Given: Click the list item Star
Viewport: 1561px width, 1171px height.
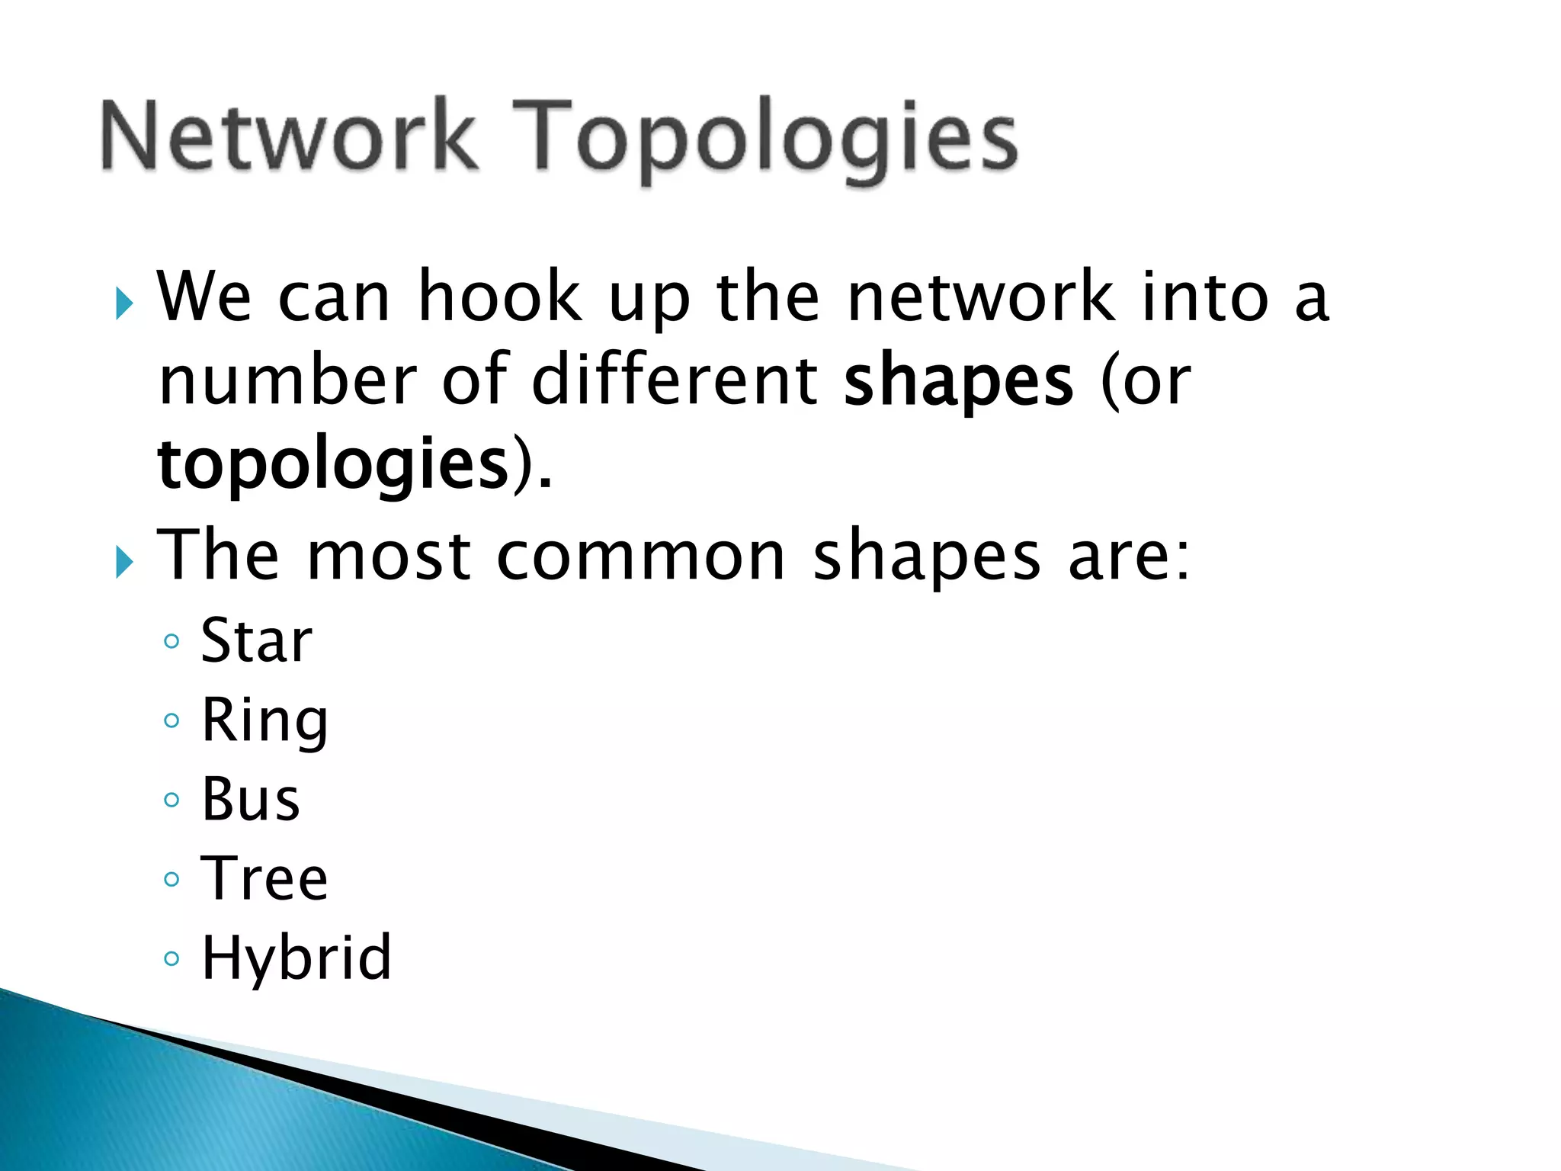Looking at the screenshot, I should (256, 640).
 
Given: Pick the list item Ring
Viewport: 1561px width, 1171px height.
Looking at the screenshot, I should (264, 720).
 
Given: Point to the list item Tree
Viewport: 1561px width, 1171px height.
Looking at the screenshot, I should (264, 878).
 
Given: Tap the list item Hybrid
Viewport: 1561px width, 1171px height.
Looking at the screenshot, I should (296, 958).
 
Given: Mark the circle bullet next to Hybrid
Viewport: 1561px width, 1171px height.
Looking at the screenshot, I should (172, 958).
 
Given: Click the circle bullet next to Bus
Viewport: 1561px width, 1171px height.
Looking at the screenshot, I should (172, 800).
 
